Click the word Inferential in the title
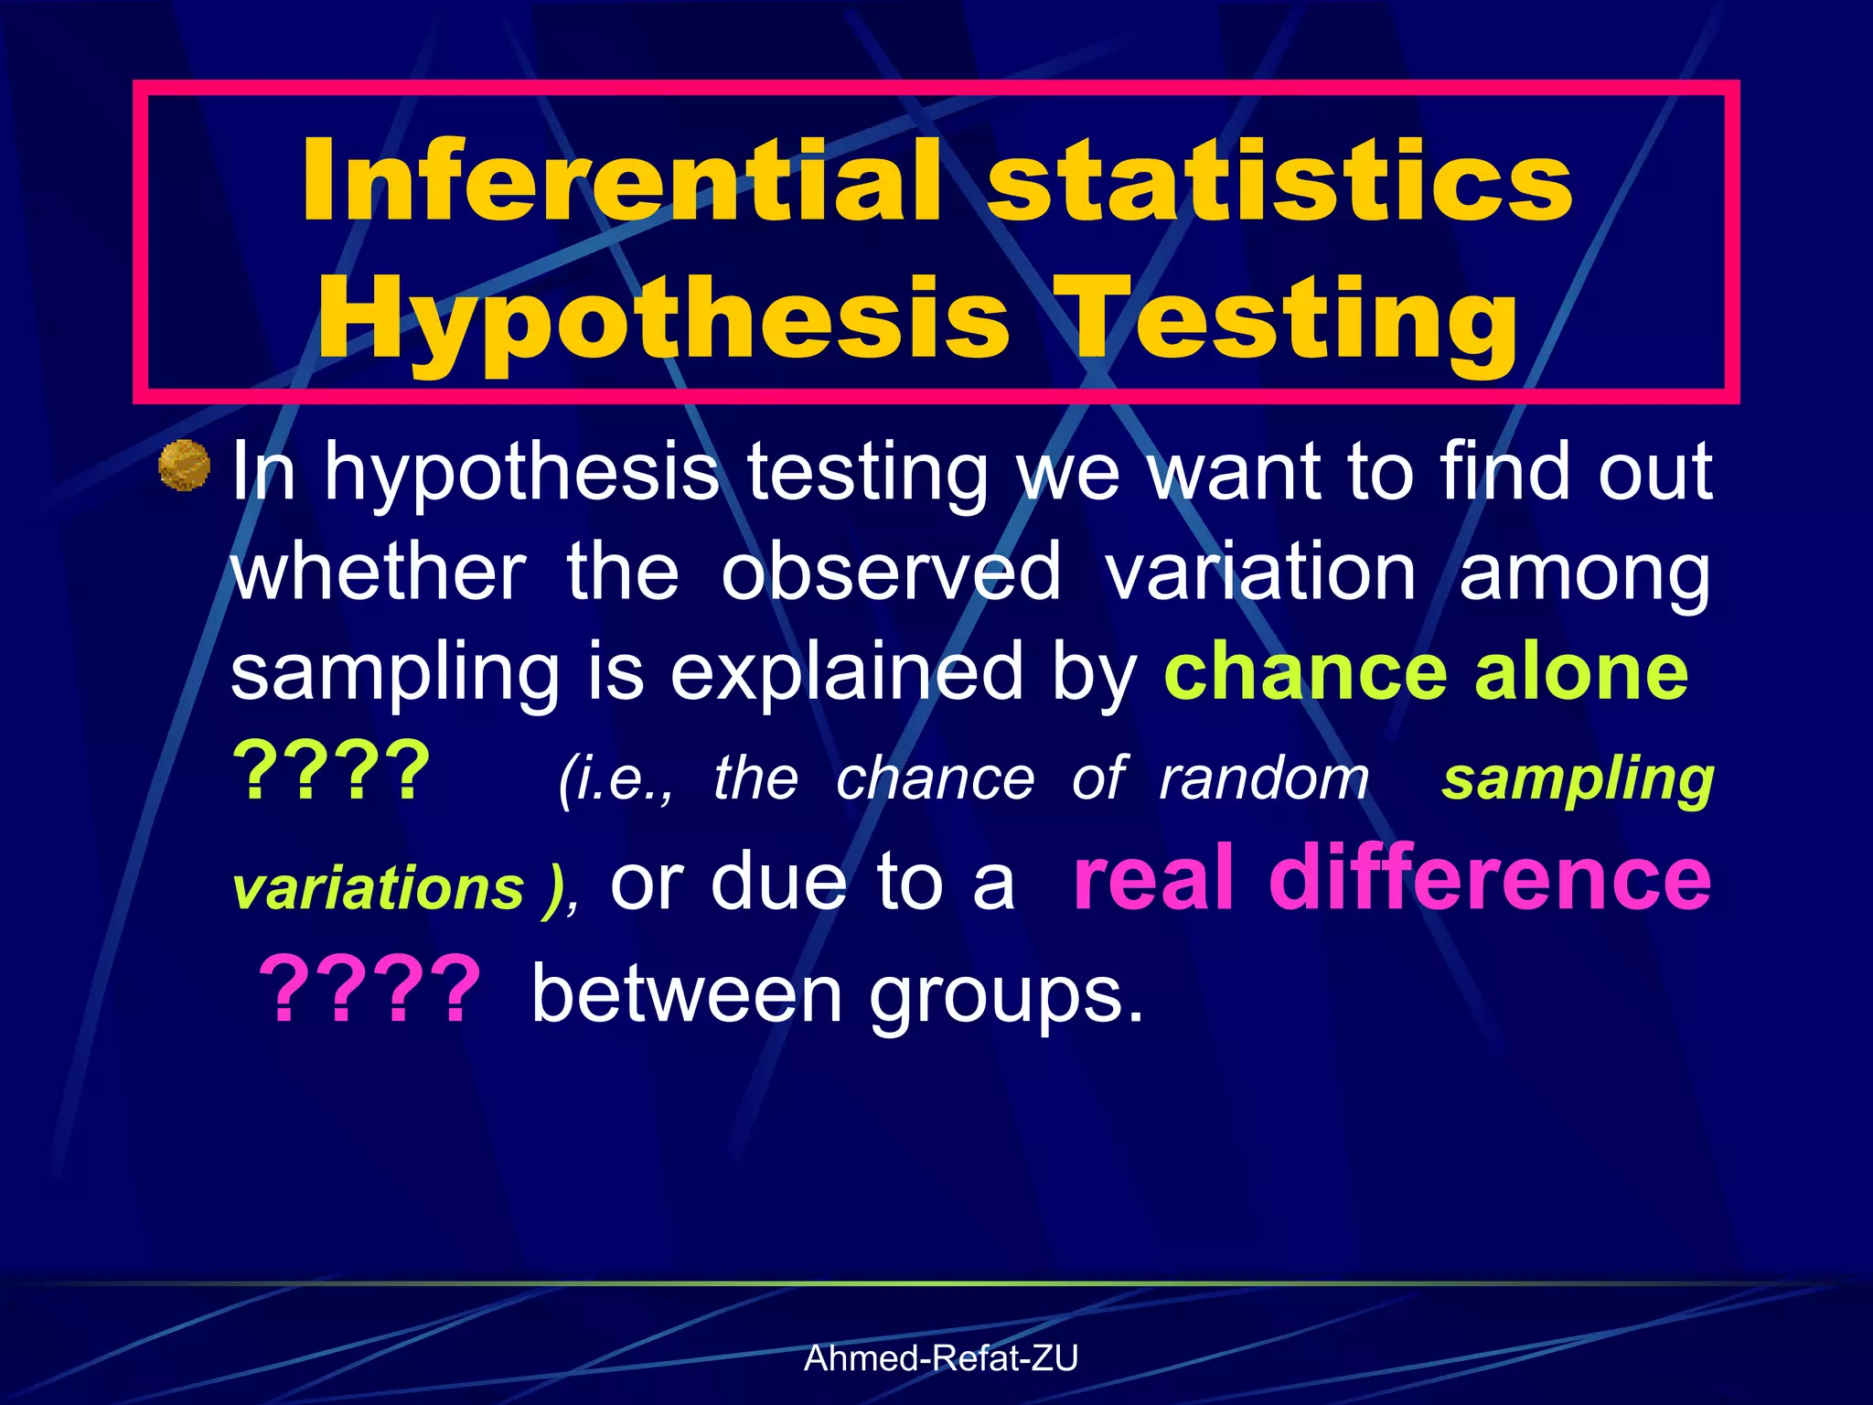[622, 181]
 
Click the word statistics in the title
[1280, 181]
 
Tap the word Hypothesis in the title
[664, 320]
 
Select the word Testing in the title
[1290, 320]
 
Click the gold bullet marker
[185, 466]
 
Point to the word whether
[379, 573]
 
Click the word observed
[891, 573]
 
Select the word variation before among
[1261, 573]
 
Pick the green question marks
[331, 771]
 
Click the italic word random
[1264, 779]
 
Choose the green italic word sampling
[1578, 779]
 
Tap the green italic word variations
[379, 888]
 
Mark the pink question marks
[369, 991]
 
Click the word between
[687, 994]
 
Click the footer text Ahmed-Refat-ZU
[941, 1358]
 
